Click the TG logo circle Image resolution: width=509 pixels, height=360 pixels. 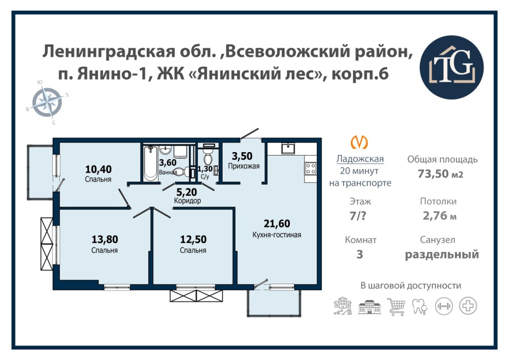(x=451, y=68)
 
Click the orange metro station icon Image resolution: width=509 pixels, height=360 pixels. (x=360, y=142)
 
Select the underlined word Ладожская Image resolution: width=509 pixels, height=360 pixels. (x=360, y=159)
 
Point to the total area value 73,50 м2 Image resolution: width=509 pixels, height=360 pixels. (x=440, y=174)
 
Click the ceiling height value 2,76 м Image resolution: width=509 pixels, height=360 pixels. (x=439, y=215)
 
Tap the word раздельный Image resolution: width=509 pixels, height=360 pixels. (x=442, y=254)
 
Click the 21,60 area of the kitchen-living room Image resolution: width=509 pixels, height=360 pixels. (x=276, y=223)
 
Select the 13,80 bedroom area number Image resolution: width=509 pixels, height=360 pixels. (x=104, y=239)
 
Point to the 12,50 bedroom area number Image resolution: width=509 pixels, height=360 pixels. (x=193, y=239)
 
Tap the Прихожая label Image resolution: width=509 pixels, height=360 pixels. (x=244, y=166)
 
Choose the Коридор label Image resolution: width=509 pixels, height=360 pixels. (x=187, y=200)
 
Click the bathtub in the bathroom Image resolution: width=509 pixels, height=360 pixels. (x=151, y=163)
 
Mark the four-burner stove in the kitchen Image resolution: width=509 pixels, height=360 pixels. (x=311, y=169)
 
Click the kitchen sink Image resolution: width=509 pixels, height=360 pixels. (x=288, y=148)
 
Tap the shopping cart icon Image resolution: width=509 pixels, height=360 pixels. (x=396, y=306)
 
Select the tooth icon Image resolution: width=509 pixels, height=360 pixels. (x=420, y=306)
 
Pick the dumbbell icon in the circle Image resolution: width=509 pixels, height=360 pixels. (x=444, y=306)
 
